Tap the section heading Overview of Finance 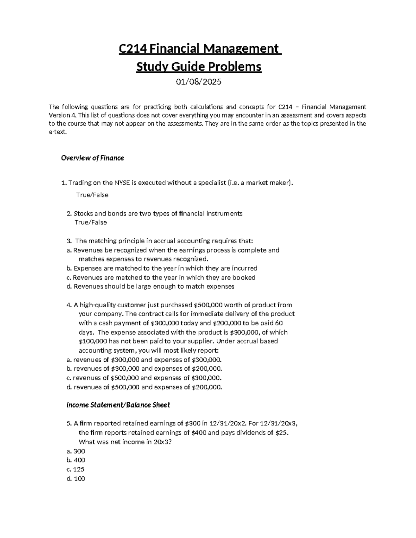pyautogui.click(x=92, y=158)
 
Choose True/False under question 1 pyautogui.click(x=92, y=195)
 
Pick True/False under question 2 pyautogui.click(x=91, y=222)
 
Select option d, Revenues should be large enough pyautogui.click(x=150, y=286)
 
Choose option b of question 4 pyautogui.click(x=144, y=369)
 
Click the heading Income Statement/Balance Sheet pyautogui.click(x=118, y=405)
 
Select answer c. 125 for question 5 pyautogui.click(x=76, y=469)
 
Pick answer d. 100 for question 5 pyautogui.click(x=76, y=479)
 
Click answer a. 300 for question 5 pyautogui.click(x=76, y=451)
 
